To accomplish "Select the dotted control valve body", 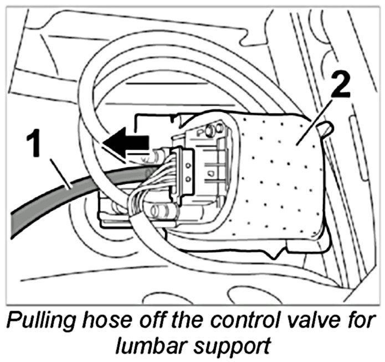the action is (x=277, y=183).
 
